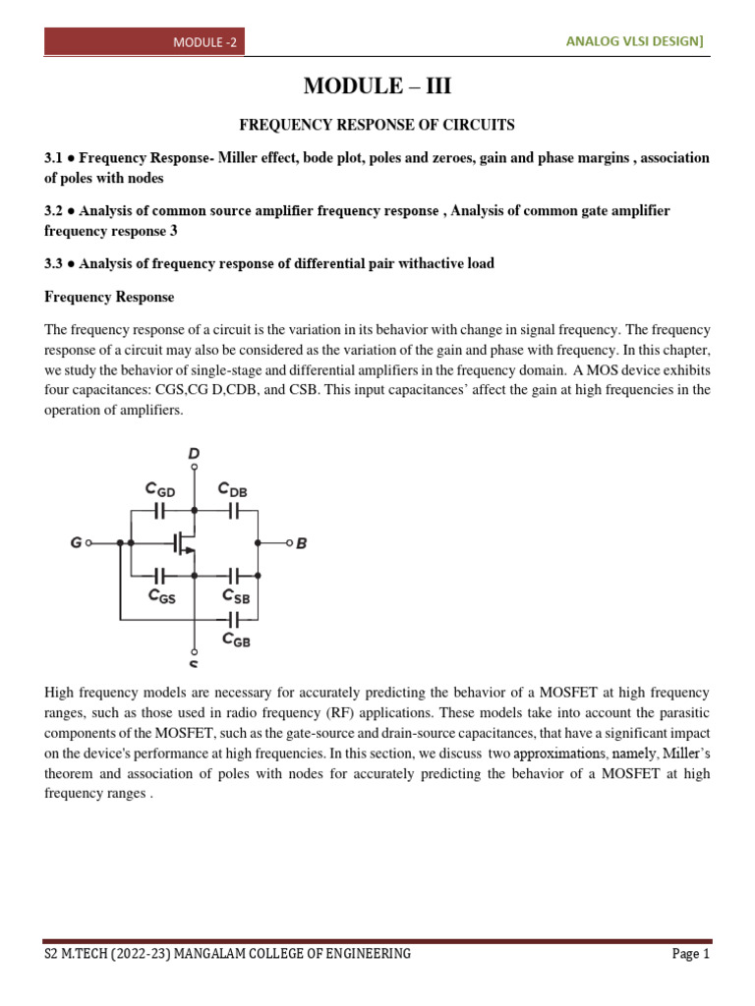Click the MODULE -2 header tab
coord(205,42)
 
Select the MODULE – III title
coord(377,86)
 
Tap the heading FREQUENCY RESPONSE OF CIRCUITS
coord(377,125)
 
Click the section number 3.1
coord(55,158)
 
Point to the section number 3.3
coord(55,263)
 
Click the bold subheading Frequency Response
coord(109,297)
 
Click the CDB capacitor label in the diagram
coord(233,488)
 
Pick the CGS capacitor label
coord(161,595)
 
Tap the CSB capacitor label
coord(236,595)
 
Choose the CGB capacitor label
coord(236,641)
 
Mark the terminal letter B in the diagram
coord(302,542)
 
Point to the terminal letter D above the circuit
coord(195,453)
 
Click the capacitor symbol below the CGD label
coord(161,511)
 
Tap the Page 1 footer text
coord(690,954)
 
